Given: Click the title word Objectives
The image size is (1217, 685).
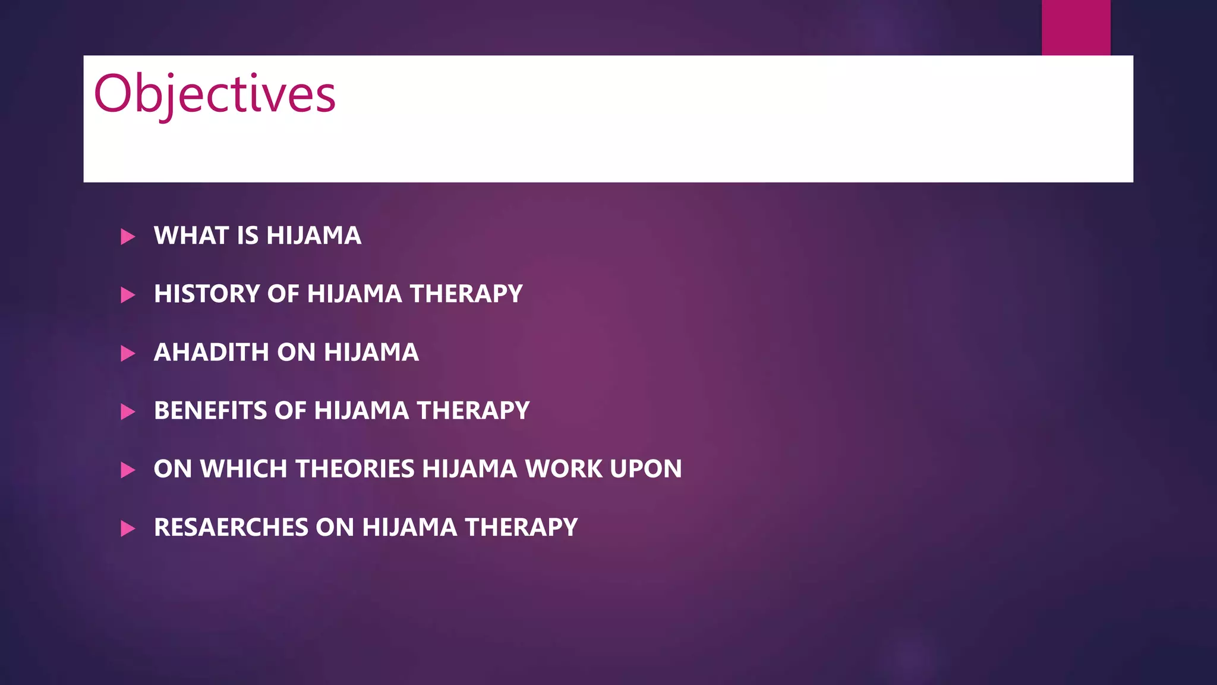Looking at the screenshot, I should click(x=215, y=94).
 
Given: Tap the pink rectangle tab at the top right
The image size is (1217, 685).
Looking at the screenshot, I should click(x=1076, y=27).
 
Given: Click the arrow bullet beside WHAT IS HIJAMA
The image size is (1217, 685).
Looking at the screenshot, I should click(x=128, y=237).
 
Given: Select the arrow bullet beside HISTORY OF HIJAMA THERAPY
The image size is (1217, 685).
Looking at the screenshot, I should click(x=128, y=295).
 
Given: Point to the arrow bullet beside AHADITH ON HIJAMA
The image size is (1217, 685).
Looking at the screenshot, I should click(x=128, y=353).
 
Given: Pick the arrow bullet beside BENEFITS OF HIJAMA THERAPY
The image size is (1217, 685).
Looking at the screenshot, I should click(x=128, y=411).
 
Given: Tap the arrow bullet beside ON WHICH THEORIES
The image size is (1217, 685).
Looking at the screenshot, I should click(x=128, y=470).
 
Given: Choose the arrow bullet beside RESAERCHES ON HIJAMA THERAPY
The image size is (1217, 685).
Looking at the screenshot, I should click(x=128, y=528).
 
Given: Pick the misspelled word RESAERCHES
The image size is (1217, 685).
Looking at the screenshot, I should click(x=231, y=527).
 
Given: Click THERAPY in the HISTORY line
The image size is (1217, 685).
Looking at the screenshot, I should click(x=466, y=294).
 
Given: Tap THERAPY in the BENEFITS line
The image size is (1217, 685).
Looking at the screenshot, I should click(x=473, y=410).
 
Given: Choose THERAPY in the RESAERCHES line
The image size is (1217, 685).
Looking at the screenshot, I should click(x=521, y=527).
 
